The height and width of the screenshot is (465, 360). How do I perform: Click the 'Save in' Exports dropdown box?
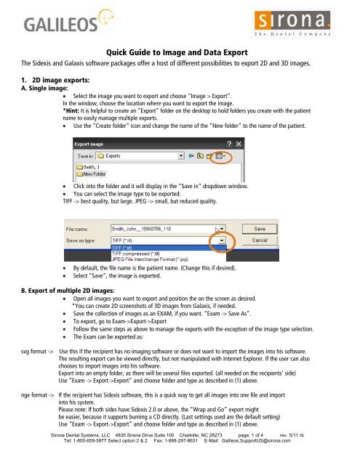tap(145, 155)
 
